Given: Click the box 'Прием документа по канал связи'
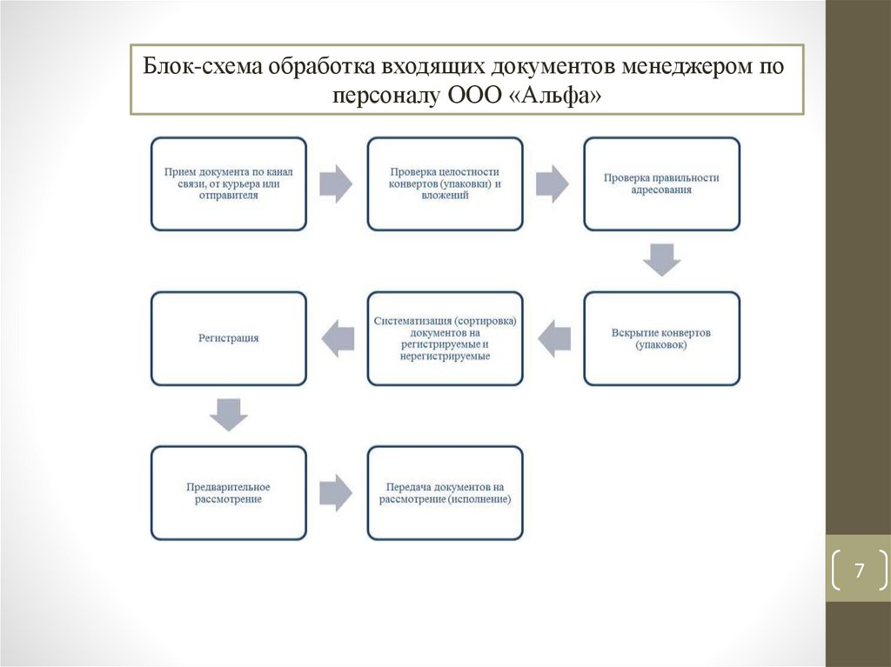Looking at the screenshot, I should click(228, 183).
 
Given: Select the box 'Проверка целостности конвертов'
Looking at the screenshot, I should click(445, 183).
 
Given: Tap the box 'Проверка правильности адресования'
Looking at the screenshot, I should click(661, 183).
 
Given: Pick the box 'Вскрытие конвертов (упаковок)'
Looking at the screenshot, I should click(661, 338).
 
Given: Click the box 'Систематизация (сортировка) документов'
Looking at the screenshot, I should click(445, 338).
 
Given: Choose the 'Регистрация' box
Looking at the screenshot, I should click(228, 338).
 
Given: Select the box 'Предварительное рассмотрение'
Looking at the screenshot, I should click(228, 493).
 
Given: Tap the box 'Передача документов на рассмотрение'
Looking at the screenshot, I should click(445, 493).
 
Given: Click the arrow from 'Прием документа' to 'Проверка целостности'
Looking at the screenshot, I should click(336, 183).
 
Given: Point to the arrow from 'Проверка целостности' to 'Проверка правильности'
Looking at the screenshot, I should click(552, 183).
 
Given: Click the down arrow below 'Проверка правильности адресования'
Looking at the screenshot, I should click(661, 260).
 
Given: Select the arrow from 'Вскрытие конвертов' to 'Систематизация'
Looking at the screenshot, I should click(553, 338).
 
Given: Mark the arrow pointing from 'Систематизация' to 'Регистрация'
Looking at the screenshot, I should click(338, 338).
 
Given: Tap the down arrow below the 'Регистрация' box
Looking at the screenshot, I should click(229, 415).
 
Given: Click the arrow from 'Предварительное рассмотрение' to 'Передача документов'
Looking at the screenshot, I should click(336, 493).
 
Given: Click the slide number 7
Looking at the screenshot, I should click(859, 571).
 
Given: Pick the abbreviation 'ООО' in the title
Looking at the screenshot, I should click(472, 94).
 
